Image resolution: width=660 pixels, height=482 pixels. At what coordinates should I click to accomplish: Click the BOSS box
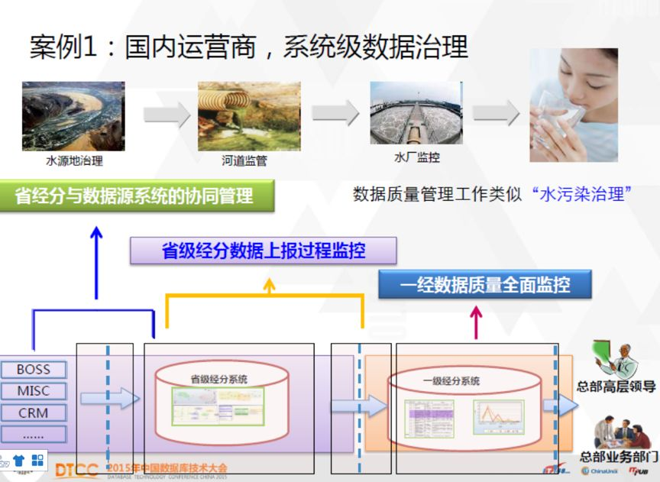click(33, 370)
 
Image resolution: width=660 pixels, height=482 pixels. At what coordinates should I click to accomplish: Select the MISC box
click(33, 391)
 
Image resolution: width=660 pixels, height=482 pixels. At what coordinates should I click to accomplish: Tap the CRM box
click(33, 413)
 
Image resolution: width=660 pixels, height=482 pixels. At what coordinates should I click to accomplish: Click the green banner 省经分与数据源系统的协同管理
click(134, 196)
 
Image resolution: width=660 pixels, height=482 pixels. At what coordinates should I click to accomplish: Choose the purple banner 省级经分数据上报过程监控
click(264, 251)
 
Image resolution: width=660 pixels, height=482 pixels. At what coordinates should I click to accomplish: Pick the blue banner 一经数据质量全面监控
click(485, 286)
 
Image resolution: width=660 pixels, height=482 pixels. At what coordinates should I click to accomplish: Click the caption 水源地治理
click(74, 161)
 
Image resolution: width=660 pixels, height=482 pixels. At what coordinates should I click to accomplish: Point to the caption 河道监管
click(244, 161)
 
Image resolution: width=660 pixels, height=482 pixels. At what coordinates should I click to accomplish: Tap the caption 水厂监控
click(416, 157)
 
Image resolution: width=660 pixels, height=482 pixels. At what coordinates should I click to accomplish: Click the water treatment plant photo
click(416, 113)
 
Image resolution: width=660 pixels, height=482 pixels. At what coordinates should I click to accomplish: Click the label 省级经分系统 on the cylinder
click(219, 379)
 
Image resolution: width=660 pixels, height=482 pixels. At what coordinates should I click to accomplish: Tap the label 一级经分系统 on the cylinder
click(451, 381)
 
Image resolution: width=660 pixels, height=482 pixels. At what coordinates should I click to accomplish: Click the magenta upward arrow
click(476, 321)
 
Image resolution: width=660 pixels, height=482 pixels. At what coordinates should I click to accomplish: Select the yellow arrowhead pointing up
click(269, 285)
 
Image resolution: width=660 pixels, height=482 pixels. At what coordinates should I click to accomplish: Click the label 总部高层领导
click(616, 387)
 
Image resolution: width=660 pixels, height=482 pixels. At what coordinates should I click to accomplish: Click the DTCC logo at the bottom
click(76, 469)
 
